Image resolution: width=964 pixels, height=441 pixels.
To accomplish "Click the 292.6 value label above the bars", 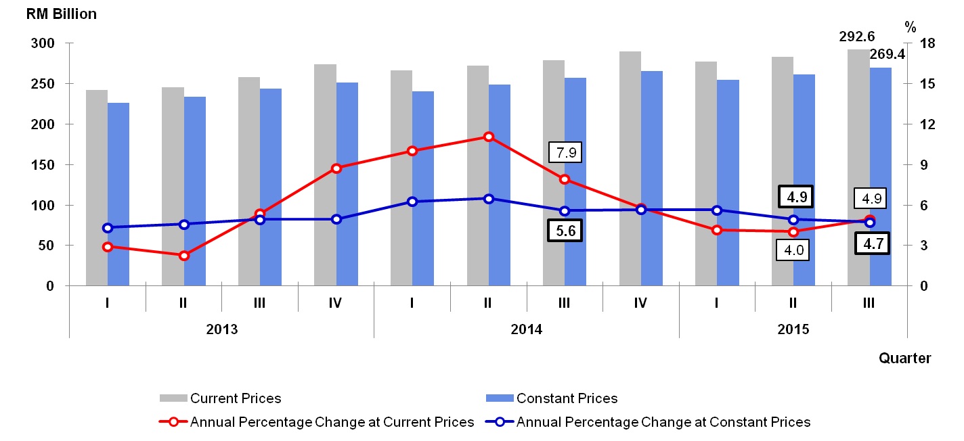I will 858,37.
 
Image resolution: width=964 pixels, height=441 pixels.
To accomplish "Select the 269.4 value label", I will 888,53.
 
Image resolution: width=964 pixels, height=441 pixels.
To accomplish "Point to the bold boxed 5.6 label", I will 565,231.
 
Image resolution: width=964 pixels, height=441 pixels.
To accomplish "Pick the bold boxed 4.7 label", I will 872,242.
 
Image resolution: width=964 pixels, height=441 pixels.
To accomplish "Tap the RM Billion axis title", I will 62,14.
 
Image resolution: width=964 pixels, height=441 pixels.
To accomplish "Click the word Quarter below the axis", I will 904,358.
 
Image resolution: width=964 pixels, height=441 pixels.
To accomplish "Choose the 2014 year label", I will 526,329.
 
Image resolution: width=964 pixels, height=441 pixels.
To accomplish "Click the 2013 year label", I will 221,329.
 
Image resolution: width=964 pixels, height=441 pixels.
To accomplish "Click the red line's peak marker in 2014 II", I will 488,137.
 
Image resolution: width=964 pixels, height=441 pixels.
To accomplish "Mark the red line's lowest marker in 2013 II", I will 183,256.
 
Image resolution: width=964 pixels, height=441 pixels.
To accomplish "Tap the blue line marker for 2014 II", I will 488,199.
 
